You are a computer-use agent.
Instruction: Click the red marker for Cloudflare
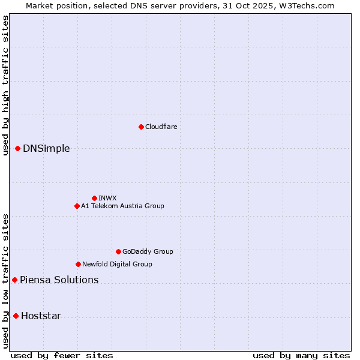(x=141, y=127)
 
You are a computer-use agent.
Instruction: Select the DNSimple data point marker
(x=17, y=148)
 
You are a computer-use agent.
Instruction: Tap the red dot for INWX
(x=94, y=198)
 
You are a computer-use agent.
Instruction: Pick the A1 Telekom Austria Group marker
(x=77, y=206)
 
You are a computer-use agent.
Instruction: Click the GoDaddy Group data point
(x=118, y=251)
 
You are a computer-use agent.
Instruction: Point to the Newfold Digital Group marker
(x=78, y=264)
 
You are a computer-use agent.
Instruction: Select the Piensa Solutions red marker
(x=14, y=280)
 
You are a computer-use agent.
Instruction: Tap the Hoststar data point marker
(x=16, y=316)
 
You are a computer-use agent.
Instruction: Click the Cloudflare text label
(x=161, y=127)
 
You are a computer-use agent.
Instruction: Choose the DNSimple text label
(x=46, y=149)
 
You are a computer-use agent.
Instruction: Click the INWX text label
(x=107, y=198)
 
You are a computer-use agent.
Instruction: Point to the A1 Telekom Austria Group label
(x=122, y=206)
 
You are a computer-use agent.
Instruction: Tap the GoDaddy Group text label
(x=148, y=251)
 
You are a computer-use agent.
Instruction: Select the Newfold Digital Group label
(x=117, y=264)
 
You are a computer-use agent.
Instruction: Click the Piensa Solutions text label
(x=59, y=280)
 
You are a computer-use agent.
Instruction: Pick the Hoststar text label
(x=41, y=316)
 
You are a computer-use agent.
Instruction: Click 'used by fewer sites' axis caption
(x=62, y=355)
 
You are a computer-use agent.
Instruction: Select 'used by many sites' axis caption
(x=301, y=355)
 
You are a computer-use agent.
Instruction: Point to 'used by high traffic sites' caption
(x=5, y=85)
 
